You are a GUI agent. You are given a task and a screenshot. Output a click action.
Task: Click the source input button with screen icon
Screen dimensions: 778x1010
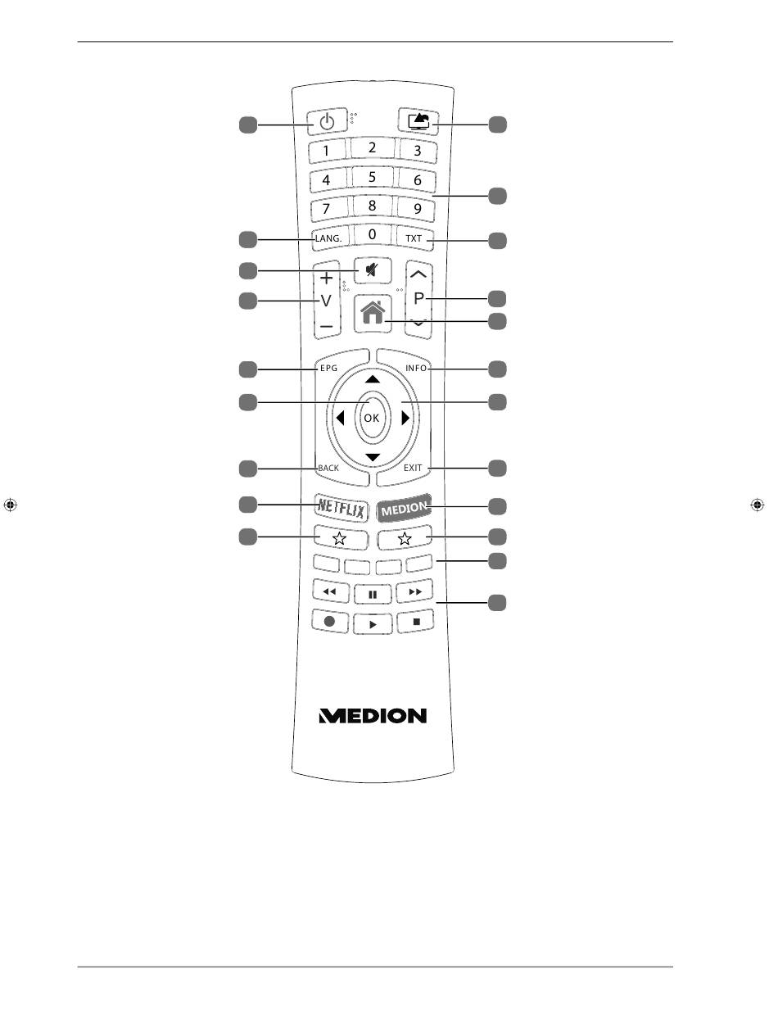pyautogui.click(x=418, y=121)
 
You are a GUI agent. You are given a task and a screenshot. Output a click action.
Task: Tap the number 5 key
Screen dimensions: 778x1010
pyautogui.click(x=372, y=177)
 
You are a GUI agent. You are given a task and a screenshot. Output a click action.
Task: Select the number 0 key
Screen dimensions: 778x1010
pyautogui.click(x=372, y=234)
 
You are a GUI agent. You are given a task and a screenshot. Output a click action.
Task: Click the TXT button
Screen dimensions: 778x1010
pyautogui.click(x=414, y=238)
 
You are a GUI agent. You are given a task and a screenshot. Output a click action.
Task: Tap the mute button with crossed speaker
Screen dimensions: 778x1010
pyautogui.click(x=373, y=270)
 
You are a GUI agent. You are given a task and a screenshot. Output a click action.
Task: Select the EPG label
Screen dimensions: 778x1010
pyautogui.click(x=329, y=368)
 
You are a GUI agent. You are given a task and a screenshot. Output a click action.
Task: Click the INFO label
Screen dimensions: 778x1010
pyautogui.click(x=416, y=368)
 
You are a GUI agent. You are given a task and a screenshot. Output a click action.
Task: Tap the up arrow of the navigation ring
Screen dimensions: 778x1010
pyautogui.click(x=373, y=379)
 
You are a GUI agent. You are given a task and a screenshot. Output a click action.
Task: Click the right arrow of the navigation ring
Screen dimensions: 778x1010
pyautogui.click(x=405, y=419)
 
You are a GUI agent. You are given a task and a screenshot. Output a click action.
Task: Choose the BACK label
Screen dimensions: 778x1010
pyautogui.click(x=328, y=468)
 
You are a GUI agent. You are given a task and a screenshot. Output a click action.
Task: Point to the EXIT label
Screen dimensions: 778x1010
pyautogui.click(x=413, y=468)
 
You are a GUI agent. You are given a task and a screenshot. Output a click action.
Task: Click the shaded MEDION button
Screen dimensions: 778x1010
pyautogui.click(x=404, y=509)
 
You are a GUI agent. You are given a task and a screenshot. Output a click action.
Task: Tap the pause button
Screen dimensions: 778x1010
pyautogui.click(x=373, y=595)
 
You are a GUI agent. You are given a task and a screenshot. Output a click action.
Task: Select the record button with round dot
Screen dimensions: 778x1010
pyautogui.click(x=330, y=622)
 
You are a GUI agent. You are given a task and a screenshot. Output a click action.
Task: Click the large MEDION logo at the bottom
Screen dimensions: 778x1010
pyautogui.click(x=373, y=716)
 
